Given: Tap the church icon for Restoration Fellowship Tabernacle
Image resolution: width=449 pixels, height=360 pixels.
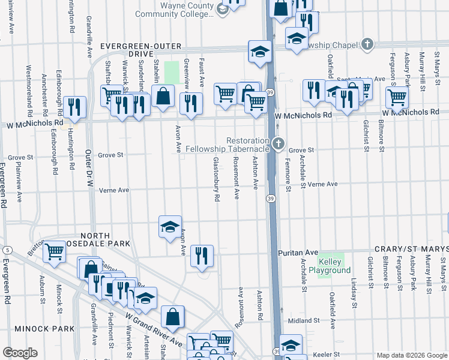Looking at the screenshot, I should pos(277,144).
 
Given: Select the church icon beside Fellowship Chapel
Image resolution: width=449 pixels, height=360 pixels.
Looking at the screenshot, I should pos(367,44).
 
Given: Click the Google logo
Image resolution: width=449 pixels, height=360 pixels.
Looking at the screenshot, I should pos(20,353).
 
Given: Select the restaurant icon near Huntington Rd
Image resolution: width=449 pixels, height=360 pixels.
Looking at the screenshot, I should pos(74,107).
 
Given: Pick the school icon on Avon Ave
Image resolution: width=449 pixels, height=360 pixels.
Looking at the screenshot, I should pos(170,226).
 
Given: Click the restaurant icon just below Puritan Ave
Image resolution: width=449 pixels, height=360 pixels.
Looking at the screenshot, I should pos(202,255).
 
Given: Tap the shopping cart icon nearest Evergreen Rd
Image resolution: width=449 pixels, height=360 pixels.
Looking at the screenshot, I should pos(55,251).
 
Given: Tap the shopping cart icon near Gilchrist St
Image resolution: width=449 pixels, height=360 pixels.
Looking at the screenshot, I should pos(397,97).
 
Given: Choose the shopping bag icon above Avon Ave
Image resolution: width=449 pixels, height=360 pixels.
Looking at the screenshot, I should pos(163,95).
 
